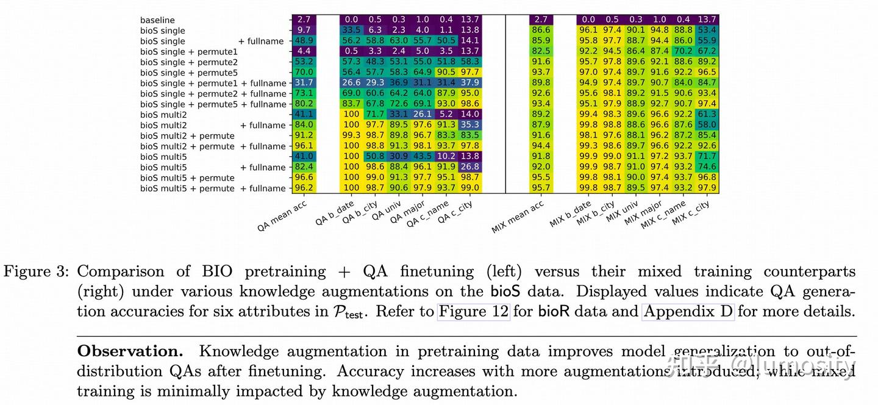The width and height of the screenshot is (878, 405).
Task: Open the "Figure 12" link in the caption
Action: [473, 312]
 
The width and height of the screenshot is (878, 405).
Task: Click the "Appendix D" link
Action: [688, 312]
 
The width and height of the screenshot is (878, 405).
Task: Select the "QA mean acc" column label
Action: [282, 217]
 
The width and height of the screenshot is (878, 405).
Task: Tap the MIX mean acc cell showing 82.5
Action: [541, 52]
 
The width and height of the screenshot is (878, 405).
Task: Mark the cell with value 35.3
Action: [471, 125]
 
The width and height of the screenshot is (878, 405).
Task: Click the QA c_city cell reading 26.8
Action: [471, 167]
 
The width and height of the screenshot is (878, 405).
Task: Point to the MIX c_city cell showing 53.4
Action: [707, 30]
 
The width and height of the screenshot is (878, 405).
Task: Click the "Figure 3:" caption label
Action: [37, 271]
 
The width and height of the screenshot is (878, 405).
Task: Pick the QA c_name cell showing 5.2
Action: [446, 115]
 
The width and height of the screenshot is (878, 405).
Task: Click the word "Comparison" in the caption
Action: [121, 271]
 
